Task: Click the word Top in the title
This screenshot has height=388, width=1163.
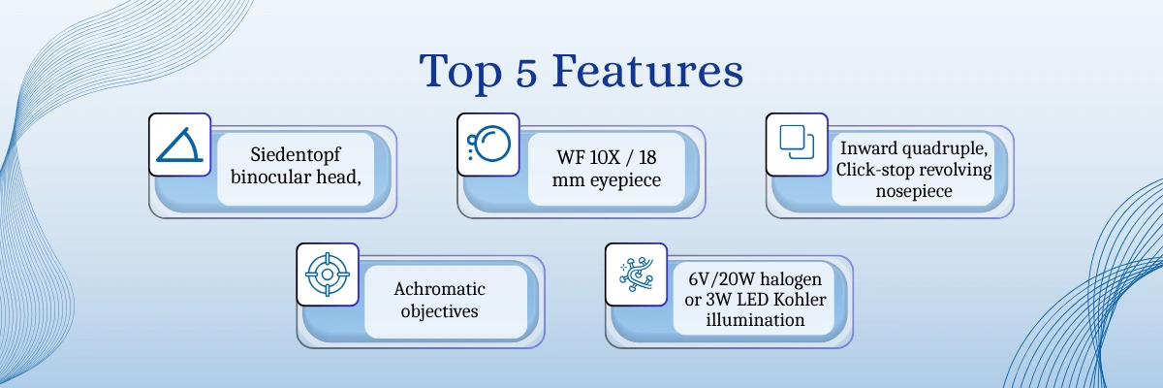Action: click(459, 74)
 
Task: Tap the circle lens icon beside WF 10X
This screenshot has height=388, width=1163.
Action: click(487, 145)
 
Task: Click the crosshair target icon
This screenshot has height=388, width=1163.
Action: click(328, 275)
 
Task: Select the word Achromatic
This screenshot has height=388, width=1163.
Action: click(439, 289)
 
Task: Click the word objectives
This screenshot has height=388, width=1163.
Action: click(439, 311)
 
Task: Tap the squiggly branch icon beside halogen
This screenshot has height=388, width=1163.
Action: click(637, 275)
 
